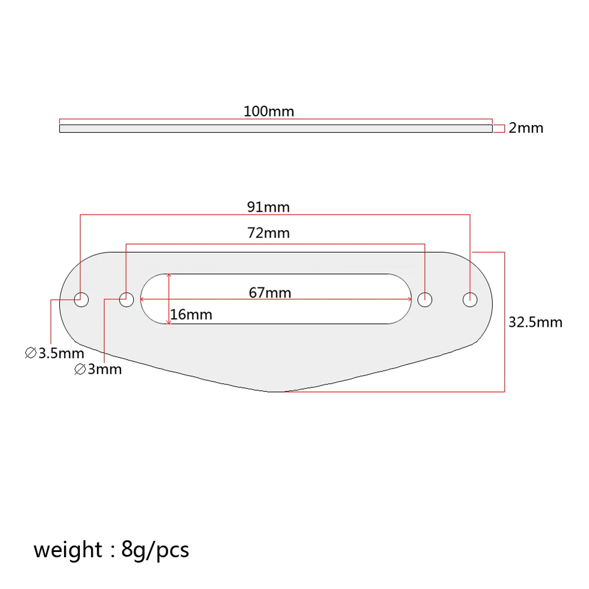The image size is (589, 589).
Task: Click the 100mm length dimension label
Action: (269, 111)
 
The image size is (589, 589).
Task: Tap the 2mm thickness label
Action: (526, 128)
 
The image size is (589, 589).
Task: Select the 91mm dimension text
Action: (269, 207)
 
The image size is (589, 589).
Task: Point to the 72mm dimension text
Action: (269, 233)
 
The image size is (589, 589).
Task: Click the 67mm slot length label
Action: (270, 292)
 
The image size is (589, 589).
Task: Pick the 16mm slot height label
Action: (191, 315)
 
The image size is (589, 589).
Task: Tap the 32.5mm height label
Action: (536, 322)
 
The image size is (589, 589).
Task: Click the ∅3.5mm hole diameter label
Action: (55, 354)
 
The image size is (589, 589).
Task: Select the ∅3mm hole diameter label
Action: (98, 369)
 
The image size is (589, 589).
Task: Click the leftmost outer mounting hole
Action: (81, 299)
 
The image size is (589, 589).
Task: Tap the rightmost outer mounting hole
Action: (470, 299)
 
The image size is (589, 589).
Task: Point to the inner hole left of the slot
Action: (126, 299)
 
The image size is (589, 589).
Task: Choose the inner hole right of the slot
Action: (424, 299)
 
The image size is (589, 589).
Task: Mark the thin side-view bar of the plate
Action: (276, 128)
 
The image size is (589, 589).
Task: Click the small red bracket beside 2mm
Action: (499, 128)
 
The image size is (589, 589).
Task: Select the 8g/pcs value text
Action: (155, 550)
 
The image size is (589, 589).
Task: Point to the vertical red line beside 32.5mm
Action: (504, 322)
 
